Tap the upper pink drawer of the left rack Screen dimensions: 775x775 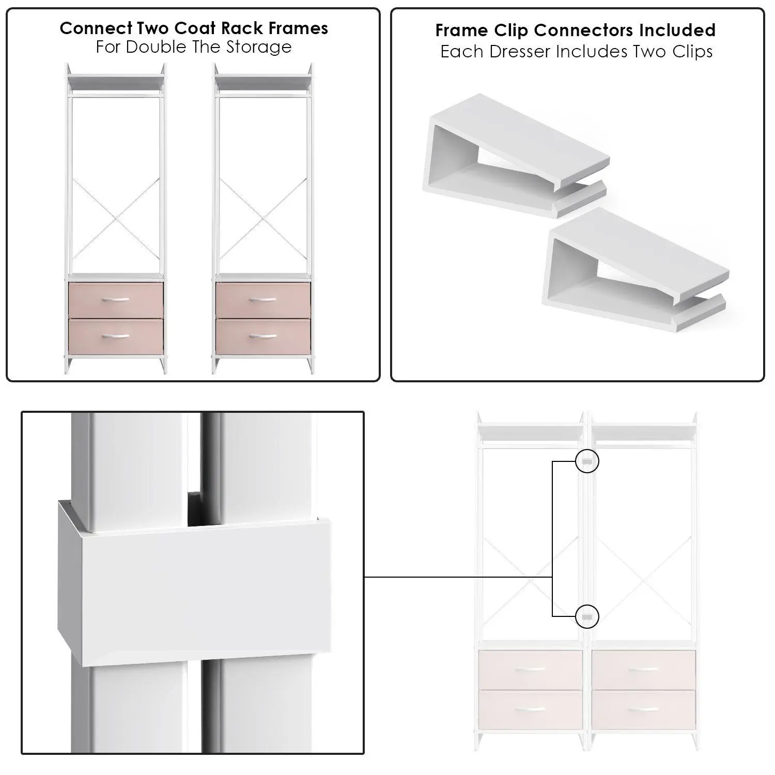(x=116, y=300)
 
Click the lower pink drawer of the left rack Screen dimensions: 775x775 (x=116, y=337)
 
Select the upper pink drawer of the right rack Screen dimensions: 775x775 (x=263, y=300)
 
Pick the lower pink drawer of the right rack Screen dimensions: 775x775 (x=263, y=337)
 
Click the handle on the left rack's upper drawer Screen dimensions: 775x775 (x=116, y=299)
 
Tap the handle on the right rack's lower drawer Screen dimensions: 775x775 (x=262, y=336)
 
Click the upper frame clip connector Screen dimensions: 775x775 (x=517, y=155)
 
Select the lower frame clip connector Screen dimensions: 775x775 (x=636, y=269)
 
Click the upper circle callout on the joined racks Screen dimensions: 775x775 (x=587, y=461)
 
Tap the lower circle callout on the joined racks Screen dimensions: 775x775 (x=587, y=616)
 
